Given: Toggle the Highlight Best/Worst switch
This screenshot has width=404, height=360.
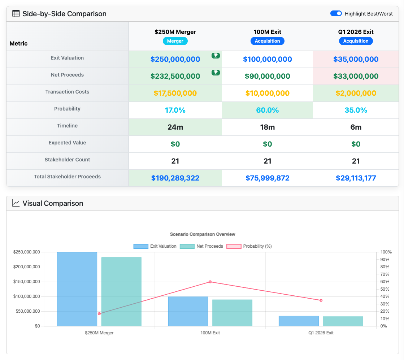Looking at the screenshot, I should pyautogui.click(x=336, y=14).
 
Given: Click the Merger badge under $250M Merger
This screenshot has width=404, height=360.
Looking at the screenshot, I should pyautogui.click(x=175, y=41).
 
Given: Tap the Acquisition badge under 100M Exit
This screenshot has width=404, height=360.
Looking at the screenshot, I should pyautogui.click(x=267, y=41).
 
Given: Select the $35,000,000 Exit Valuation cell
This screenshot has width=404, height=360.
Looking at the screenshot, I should pyautogui.click(x=356, y=59).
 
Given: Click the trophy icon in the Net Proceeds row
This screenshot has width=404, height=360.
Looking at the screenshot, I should pyautogui.click(x=216, y=73).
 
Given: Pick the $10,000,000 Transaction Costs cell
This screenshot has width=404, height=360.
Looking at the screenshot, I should pyautogui.click(x=267, y=93).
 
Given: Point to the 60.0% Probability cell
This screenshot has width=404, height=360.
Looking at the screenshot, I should pyautogui.click(x=267, y=110).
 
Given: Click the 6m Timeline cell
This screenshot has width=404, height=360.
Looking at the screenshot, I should pyautogui.click(x=356, y=127).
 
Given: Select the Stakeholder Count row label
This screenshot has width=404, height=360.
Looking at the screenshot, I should pyautogui.click(x=67, y=160).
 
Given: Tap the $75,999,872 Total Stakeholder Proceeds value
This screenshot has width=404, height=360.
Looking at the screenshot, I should pyautogui.click(x=267, y=178).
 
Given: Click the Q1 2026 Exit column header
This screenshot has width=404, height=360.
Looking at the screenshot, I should pyautogui.click(x=356, y=32).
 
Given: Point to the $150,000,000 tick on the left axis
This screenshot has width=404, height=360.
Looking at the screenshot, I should pyautogui.click(x=26, y=282).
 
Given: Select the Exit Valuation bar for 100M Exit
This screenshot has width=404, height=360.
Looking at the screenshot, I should pyautogui.click(x=188, y=311).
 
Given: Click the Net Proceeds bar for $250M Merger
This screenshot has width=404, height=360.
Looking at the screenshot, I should pyautogui.click(x=121, y=292).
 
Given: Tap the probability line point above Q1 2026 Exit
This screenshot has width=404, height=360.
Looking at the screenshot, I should pyautogui.click(x=321, y=300).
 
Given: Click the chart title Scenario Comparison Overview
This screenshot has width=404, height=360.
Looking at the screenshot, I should pyautogui.click(x=203, y=234).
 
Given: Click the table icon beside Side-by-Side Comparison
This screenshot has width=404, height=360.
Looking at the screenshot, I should pyautogui.click(x=16, y=14).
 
